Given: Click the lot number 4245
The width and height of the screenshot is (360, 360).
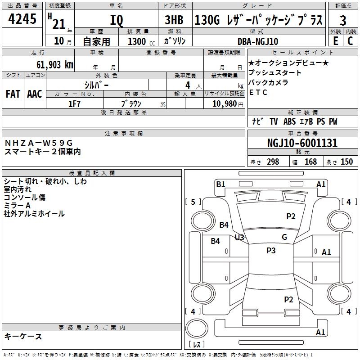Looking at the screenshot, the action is (x=22, y=20).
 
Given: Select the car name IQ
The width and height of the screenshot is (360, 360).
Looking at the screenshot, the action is (x=116, y=21).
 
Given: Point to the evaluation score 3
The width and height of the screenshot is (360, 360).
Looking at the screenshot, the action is (x=343, y=21).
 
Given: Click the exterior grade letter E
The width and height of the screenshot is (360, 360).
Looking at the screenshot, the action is (x=335, y=40).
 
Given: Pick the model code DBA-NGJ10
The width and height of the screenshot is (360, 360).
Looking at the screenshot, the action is (x=258, y=41).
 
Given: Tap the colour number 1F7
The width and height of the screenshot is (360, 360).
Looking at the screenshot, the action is (x=74, y=103).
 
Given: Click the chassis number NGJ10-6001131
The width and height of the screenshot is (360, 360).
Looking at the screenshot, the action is (x=302, y=144).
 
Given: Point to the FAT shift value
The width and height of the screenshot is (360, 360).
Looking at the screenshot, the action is (x=13, y=94).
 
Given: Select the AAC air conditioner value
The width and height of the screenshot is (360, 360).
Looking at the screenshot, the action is (x=35, y=94).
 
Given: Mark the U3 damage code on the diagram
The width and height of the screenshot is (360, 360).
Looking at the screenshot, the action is (x=239, y=237).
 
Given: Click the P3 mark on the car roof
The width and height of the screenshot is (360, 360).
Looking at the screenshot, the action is (x=271, y=251).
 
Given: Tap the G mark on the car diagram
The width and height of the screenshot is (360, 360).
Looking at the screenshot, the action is (x=284, y=237).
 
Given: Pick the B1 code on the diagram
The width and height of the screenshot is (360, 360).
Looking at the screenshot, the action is (x=220, y=184).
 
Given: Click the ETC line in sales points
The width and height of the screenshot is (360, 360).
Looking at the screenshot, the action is (x=258, y=92).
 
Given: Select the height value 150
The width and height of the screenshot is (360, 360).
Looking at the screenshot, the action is (x=346, y=162).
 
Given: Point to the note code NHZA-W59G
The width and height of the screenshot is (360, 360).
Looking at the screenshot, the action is (x=38, y=143).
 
